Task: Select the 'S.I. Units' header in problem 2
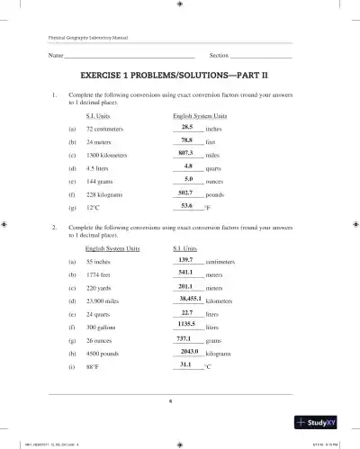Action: (184, 247)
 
